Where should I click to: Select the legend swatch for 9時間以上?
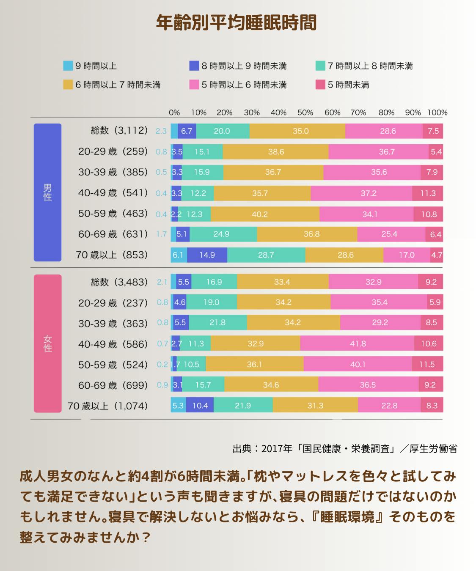click(68, 66)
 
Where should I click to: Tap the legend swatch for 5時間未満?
click(320, 85)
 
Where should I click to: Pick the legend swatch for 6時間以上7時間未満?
click(68, 85)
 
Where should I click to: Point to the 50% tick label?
click(305, 113)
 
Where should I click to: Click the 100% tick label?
click(437, 113)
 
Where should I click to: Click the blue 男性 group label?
click(47, 192)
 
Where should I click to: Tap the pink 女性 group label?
click(47, 343)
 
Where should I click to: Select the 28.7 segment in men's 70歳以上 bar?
click(266, 255)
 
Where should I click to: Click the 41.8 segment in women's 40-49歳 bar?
click(358, 343)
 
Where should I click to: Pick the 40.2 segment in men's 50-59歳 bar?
click(260, 214)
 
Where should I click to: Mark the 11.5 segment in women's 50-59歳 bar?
click(427, 364)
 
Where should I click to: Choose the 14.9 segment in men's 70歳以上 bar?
click(207, 255)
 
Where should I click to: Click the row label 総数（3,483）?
click(119, 282)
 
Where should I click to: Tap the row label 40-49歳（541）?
click(113, 193)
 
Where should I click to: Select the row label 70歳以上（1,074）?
click(108, 406)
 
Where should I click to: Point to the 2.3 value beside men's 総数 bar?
click(161, 131)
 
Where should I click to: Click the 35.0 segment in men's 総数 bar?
click(300, 131)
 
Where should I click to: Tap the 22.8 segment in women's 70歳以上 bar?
click(389, 406)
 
